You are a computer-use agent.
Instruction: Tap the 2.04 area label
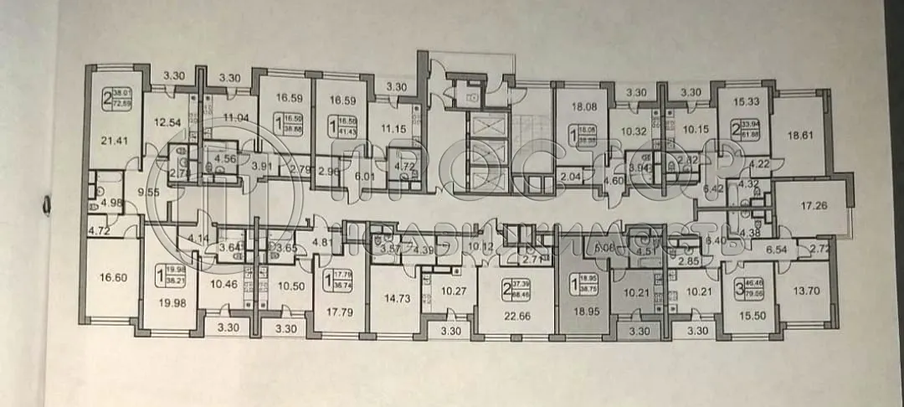pyautogui.click(x=569, y=177)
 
